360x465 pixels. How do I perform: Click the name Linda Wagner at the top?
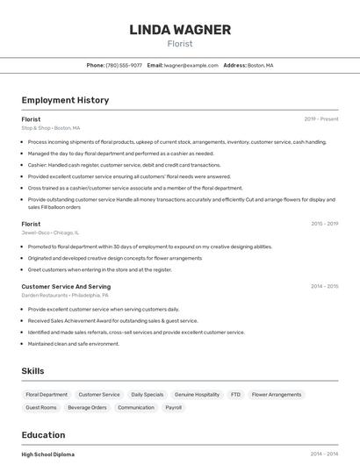click(x=180, y=30)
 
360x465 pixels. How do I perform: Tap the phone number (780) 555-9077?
click(x=124, y=65)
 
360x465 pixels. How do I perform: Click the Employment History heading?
click(x=65, y=100)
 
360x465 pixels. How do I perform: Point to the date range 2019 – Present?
click(x=321, y=119)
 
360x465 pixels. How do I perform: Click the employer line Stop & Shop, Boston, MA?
click(x=51, y=128)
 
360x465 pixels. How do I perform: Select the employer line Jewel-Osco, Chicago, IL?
click(x=50, y=232)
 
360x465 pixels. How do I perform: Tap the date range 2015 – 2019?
click(x=324, y=224)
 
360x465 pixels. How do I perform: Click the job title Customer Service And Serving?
click(x=66, y=287)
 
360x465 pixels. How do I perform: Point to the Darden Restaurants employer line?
click(x=62, y=296)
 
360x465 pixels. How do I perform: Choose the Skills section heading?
click(x=32, y=371)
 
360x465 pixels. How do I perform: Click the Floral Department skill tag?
click(x=47, y=395)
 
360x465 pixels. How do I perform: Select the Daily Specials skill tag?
click(x=147, y=395)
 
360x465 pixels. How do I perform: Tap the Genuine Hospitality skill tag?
click(x=197, y=395)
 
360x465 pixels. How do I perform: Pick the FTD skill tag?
click(x=235, y=395)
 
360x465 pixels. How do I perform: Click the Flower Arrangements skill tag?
click(x=277, y=395)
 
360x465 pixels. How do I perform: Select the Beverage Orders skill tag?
click(x=87, y=407)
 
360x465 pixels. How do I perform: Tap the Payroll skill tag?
click(x=174, y=407)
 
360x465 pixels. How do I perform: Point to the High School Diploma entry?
click(x=48, y=454)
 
